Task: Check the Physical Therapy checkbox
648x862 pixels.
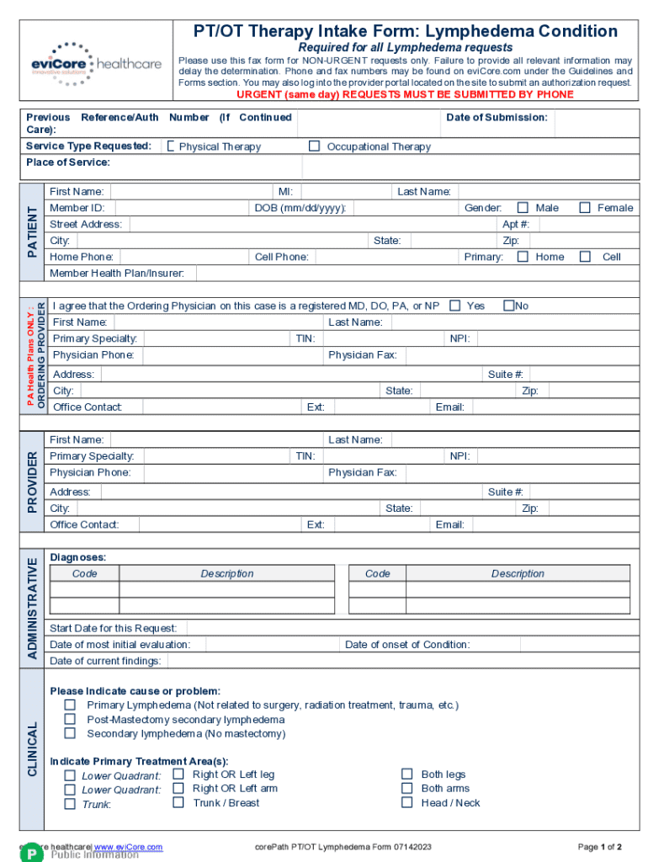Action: click(171, 146)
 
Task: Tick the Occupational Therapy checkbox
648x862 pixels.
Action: click(314, 146)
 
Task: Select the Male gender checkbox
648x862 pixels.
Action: click(523, 208)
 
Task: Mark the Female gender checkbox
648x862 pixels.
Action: click(585, 208)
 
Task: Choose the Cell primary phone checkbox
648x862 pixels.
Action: click(585, 257)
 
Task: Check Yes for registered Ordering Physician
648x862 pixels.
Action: click(454, 306)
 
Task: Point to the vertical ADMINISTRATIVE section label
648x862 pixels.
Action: click(32, 608)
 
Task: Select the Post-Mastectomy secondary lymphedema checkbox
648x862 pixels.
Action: click(71, 720)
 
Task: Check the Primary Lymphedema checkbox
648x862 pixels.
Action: click(71, 705)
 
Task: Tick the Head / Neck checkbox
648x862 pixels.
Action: click(406, 803)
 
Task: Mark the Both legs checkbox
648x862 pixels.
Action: click(406, 774)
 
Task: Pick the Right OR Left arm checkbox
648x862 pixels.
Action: click(178, 789)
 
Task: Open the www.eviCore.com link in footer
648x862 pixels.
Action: click(128, 847)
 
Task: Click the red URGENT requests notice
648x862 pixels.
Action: click(405, 94)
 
